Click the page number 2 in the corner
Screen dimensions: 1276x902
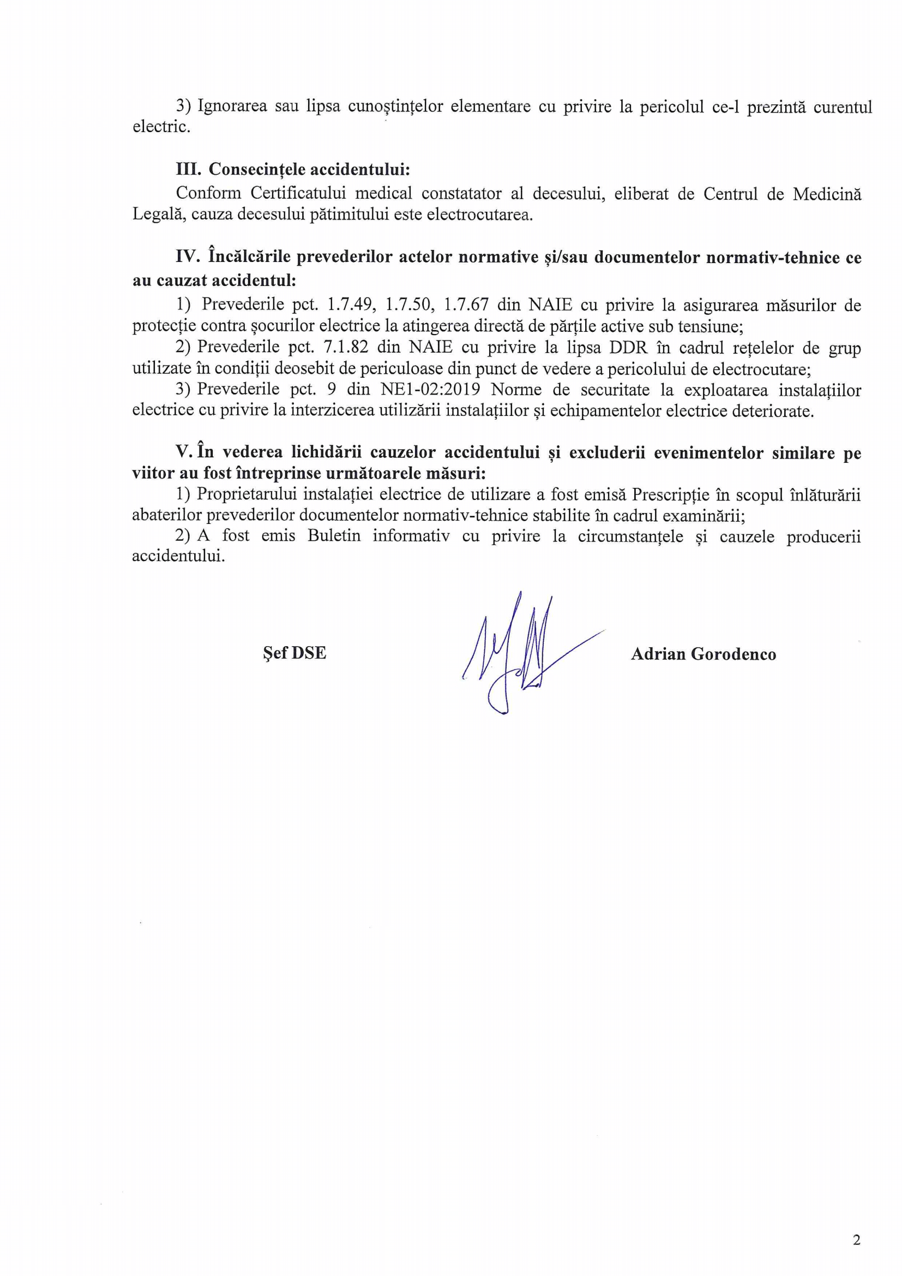(856, 1240)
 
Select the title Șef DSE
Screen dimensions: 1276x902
(294, 652)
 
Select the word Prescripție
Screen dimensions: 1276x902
(670, 494)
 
